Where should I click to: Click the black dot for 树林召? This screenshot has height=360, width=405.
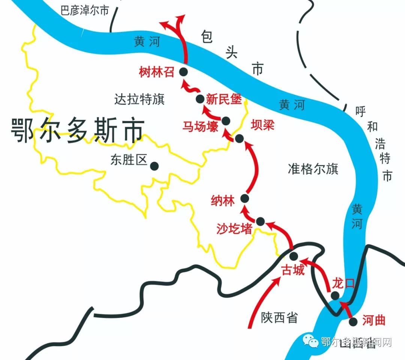pos(183,72)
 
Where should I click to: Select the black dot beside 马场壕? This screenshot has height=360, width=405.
pos(226,121)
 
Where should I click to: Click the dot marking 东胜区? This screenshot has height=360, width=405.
pos(154,165)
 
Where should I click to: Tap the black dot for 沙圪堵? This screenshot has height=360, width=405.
pos(260,221)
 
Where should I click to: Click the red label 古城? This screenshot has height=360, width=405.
pos(293,271)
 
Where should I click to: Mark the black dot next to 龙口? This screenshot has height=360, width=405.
pos(335,296)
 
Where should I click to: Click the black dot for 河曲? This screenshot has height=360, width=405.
pos(353,321)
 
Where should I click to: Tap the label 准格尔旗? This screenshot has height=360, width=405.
pos(313,169)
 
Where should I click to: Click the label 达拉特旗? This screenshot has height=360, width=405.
pos(139,99)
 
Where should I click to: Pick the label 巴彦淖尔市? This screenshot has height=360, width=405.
pos(84,10)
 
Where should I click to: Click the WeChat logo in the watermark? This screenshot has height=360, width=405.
pos(311,341)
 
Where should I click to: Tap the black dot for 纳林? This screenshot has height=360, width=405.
pos(245,198)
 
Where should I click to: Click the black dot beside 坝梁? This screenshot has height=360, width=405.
pos(239,139)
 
